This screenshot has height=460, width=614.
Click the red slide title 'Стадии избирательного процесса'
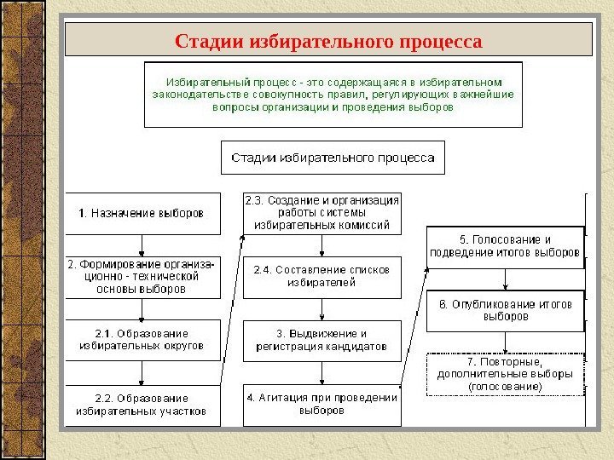coord(328,41)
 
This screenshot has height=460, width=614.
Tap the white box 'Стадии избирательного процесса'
coord(333,158)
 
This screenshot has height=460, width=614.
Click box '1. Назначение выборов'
coord(143,213)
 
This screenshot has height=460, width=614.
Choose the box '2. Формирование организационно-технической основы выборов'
coord(143,277)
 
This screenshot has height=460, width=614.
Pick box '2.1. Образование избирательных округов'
coord(143,340)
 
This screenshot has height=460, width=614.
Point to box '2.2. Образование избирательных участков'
coord(143,404)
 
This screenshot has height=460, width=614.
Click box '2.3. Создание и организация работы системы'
coord(321,213)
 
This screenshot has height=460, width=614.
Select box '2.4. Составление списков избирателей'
coord(321,276)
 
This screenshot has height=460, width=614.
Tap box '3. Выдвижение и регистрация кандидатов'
coord(321,340)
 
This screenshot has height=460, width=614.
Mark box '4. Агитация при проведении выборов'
coord(321,404)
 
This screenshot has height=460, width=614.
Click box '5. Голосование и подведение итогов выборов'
coord(505,246)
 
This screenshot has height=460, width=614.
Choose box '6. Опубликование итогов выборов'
coord(505,310)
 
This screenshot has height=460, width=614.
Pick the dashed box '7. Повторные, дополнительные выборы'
coord(505,374)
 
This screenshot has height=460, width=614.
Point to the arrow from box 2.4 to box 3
coord(321,308)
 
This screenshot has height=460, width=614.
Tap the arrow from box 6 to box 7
coord(506,342)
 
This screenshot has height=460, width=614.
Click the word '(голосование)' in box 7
coord(505,386)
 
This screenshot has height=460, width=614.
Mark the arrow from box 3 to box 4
coord(321,372)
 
